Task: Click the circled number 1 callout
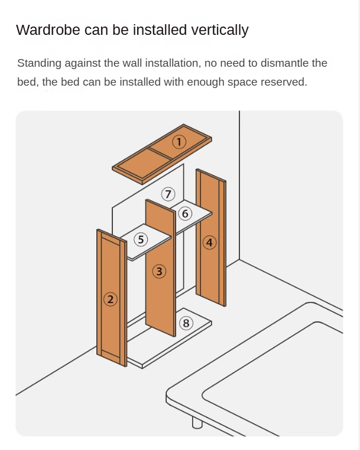(179, 142)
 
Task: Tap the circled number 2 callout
(111, 299)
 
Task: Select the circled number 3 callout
(159, 272)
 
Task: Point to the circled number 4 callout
(209, 243)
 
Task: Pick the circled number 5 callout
(141, 239)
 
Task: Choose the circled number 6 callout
(185, 214)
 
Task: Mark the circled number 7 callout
(168, 194)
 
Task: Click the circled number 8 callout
(186, 323)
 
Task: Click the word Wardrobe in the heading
(48, 30)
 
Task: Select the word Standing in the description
(40, 63)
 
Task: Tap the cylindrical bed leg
(197, 422)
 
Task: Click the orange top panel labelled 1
(162, 154)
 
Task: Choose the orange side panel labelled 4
(211, 237)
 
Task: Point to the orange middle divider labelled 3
(161, 268)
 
